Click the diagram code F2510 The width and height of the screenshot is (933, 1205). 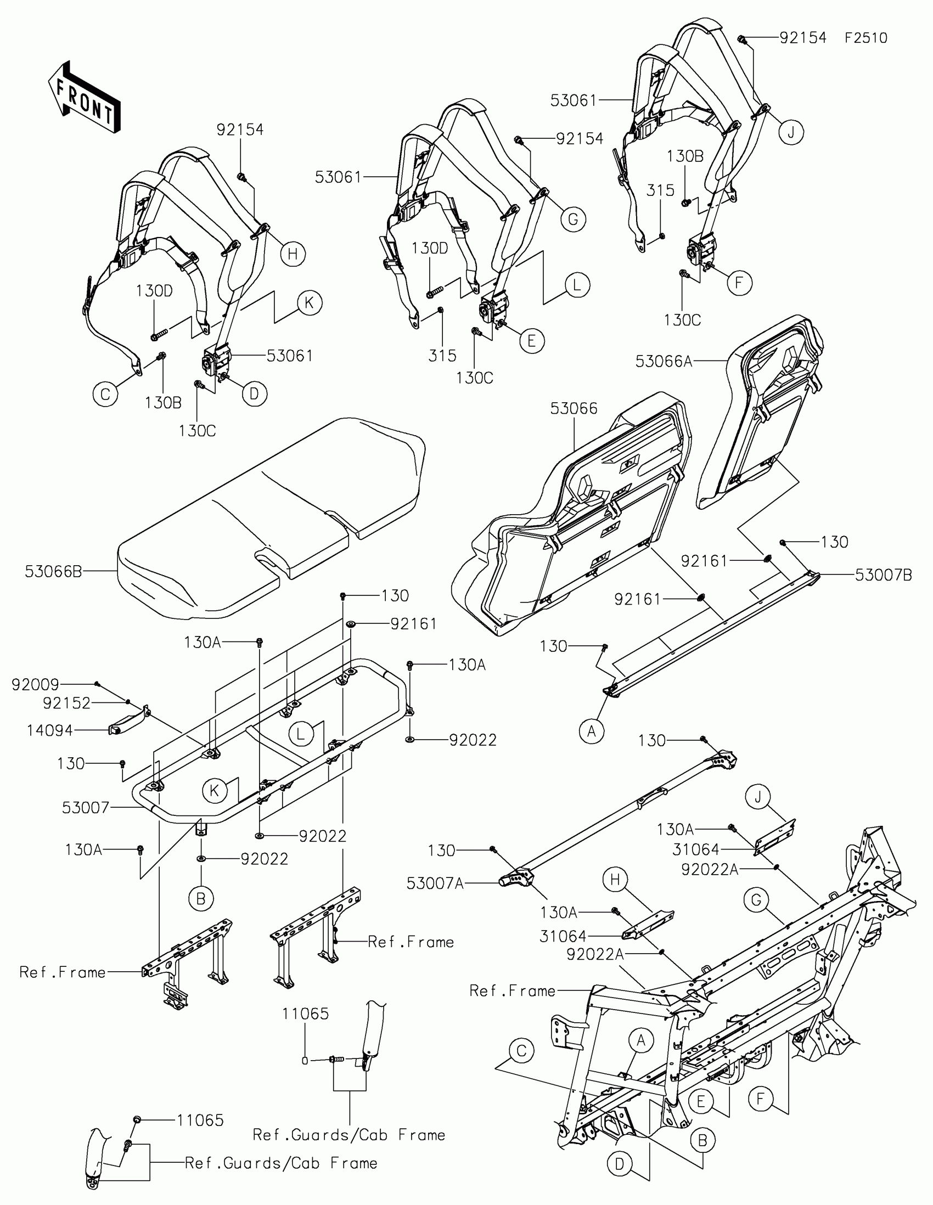click(x=865, y=38)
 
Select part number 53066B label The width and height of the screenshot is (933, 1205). click(x=53, y=572)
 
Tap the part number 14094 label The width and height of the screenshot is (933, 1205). click(x=49, y=730)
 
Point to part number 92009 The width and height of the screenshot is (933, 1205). click(x=35, y=685)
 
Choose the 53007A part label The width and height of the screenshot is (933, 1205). click(x=435, y=884)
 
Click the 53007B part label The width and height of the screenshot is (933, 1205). click(x=884, y=575)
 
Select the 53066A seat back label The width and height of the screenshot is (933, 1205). click(x=664, y=362)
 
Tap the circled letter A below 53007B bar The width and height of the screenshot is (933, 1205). click(x=592, y=731)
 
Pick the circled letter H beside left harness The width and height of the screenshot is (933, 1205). click(x=293, y=254)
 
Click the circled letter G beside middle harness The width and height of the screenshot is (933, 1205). click(x=574, y=219)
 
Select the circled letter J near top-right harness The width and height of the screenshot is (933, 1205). click(x=791, y=132)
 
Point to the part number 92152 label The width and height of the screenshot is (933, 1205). click(x=67, y=703)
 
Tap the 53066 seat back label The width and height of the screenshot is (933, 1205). click(x=574, y=408)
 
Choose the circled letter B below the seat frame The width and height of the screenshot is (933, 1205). click(x=200, y=899)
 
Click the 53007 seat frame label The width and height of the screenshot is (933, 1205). click(x=86, y=808)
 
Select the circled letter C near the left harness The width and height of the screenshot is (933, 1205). click(x=105, y=395)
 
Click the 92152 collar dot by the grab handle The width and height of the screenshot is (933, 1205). click(x=128, y=702)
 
